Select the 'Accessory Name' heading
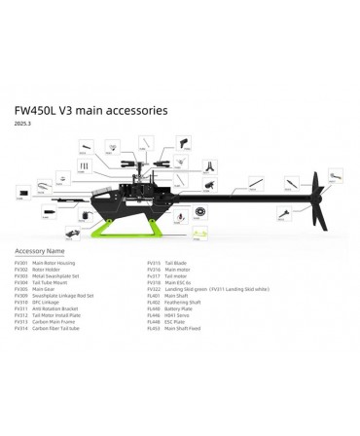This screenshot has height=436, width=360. tap(40, 250)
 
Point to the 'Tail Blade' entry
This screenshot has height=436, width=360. tap(175, 263)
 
